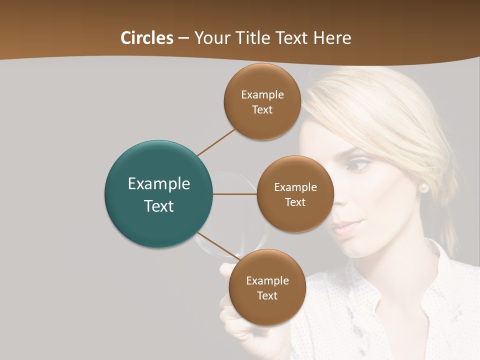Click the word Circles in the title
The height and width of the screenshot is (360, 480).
point(146,38)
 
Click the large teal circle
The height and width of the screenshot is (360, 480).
point(158,194)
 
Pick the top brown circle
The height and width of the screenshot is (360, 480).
point(262,101)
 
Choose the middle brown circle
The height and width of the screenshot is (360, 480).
point(295,194)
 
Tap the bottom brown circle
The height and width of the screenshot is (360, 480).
point(267,287)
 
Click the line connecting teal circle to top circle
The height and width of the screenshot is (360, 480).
point(216,141)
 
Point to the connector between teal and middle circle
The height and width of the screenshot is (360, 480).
point(235,194)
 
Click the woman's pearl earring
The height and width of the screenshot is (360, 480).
point(424,188)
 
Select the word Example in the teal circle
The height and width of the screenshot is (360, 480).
point(158,184)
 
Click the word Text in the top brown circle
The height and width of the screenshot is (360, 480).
point(262,110)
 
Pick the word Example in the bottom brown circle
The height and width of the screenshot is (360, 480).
point(267,280)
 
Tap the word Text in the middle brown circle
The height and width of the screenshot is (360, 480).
point(295,202)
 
